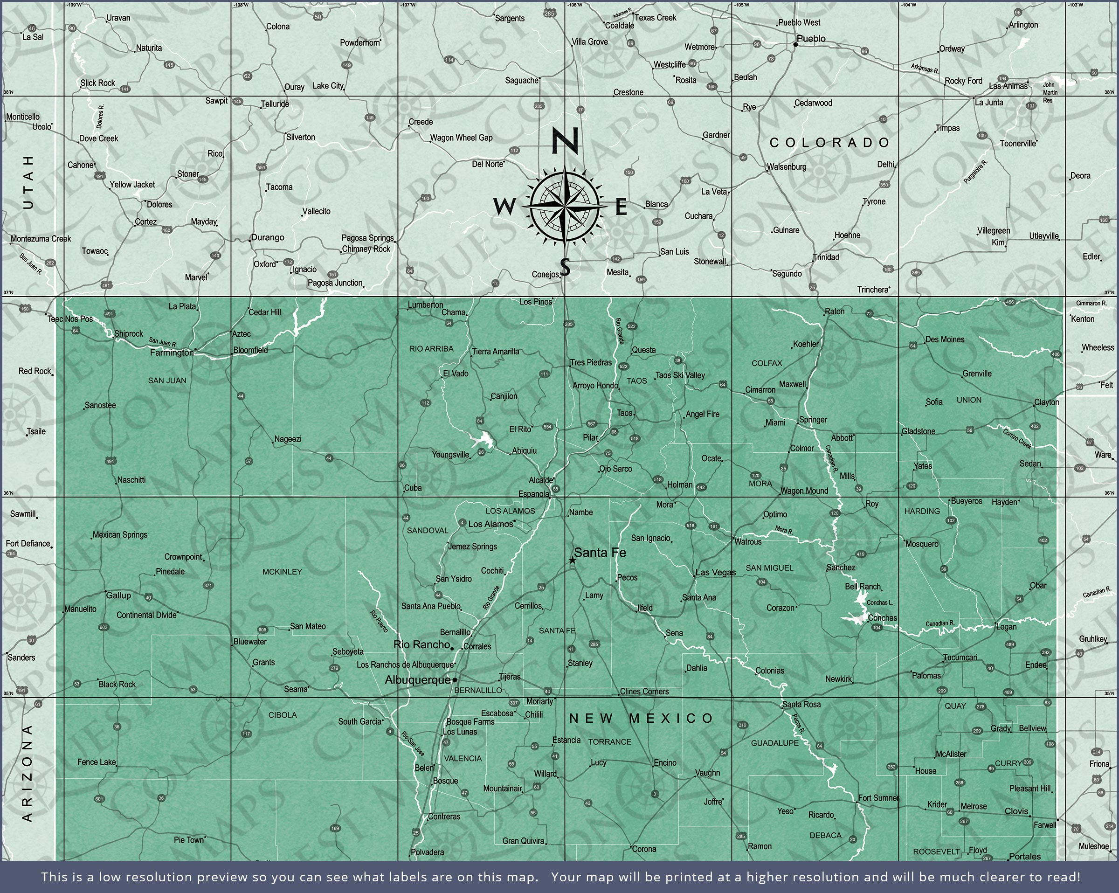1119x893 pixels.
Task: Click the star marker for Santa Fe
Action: pyautogui.click(x=572, y=560)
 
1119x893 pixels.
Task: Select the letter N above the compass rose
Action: pyautogui.click(x=565, y=141)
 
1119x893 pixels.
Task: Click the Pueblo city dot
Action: pyautogui.click(x=795, y=45)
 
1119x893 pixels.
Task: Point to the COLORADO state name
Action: pyautogui.click(x=829, y=143)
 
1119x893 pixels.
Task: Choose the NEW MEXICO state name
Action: pyautogui.click(x=642, y=718)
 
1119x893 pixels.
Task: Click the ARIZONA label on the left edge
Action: pyautogui.click(x=28, y=773)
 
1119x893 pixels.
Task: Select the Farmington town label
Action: pyautogui.click(x=171, y=353)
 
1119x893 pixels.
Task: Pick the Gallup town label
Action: pyautogui.click(x=118, y=595)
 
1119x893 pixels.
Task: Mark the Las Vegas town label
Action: pyautogui.click(x=715, y=572)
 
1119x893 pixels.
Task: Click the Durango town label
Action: pyautogui.click(x=267, y=237)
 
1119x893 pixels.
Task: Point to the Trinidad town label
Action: pyautogui.click(x=826, y=257)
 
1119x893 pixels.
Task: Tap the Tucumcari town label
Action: pyautogui.click(x=960, y=658)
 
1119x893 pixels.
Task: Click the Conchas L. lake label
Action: pyautogui.click(x=880, y=602)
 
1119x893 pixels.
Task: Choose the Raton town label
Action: pyautogui.click(x=835, y=312)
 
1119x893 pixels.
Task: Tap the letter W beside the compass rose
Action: pyautogui.click(x=504, y=207)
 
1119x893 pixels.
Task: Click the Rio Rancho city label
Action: pyautogui.click(x=421, y=644)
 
